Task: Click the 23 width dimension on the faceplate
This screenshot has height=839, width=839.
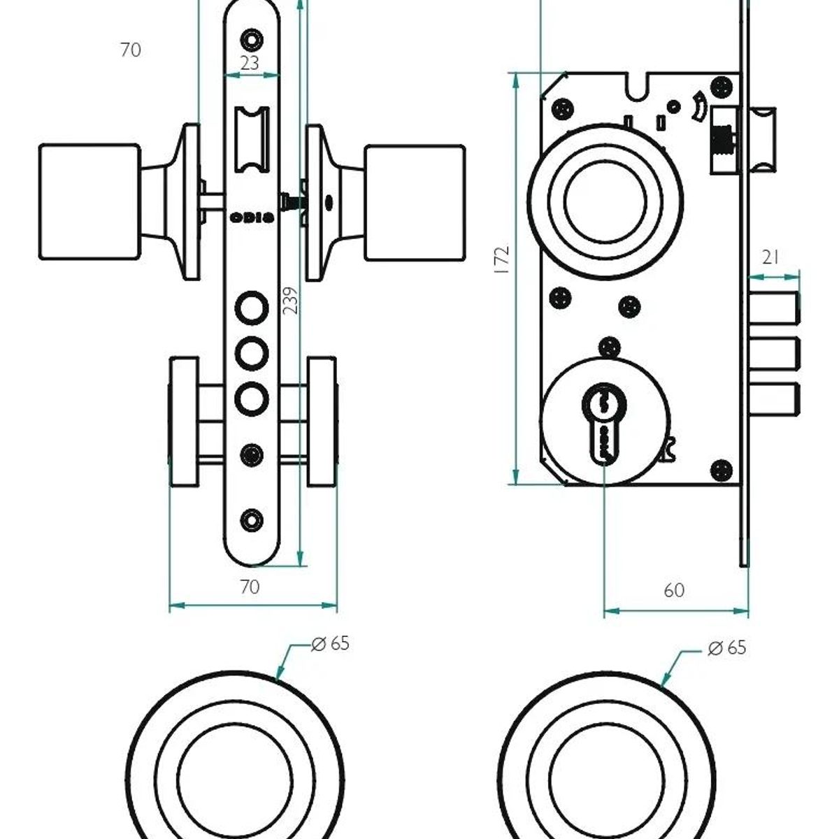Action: (250, 63)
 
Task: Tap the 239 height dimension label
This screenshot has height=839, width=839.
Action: (290, 301)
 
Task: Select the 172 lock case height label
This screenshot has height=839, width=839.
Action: (502, 260)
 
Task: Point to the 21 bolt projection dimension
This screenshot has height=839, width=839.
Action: (770, 258)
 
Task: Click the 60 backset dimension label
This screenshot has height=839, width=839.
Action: (674, 590)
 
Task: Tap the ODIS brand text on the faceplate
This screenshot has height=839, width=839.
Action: (252, 217)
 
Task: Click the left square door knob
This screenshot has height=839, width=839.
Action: (89, 201)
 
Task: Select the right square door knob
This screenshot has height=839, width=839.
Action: (415, 203)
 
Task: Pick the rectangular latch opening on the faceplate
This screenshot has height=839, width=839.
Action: (252, 140)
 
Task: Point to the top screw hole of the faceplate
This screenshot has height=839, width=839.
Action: (252, 40)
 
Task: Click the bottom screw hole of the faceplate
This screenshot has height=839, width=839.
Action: (252, 520)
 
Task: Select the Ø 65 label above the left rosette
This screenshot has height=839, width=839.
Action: (331, 644)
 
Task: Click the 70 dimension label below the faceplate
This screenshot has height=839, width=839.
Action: (250, 587)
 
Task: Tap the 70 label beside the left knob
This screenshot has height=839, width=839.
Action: (131, 50)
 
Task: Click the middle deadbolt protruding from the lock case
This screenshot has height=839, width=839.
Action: (775, 353)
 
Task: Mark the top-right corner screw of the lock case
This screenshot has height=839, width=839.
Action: (722, 87)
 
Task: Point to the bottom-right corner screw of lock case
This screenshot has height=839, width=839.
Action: (722, 471)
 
